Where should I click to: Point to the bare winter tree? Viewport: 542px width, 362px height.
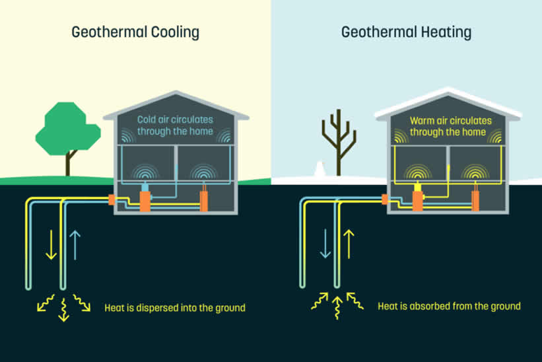click(x=338, y=142)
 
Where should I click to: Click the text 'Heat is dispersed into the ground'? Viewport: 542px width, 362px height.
click(x=175, y=307)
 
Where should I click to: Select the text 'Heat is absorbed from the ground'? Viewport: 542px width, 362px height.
click(x=449, y=307)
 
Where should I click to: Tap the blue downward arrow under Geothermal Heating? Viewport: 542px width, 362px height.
click(x=324, y=244)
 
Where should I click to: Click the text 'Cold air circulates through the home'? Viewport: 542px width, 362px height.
click(x=175, y=126)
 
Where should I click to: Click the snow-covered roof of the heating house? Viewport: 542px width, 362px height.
click(x=448, y=99)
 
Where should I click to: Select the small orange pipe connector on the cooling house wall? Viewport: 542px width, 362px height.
click(x=112, y=199)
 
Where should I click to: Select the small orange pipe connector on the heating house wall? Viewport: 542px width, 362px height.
click(x=384, y=199)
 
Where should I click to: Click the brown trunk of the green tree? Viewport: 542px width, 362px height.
click(x=68, y=164)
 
